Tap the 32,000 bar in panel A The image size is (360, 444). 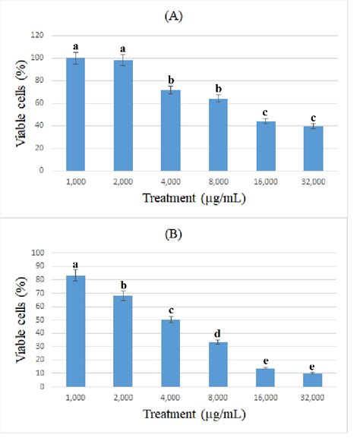(x=312, y=149)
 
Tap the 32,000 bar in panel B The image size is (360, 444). (x=312, y=379)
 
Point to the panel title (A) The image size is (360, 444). (x=181, y=14)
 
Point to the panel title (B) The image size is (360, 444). (x=181, y=235)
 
